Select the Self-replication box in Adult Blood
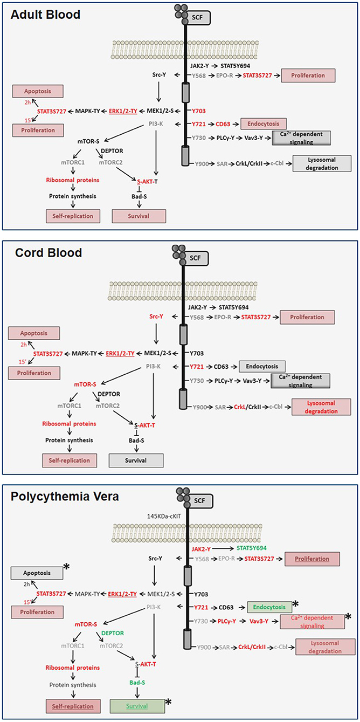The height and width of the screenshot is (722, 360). coord(67,216)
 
